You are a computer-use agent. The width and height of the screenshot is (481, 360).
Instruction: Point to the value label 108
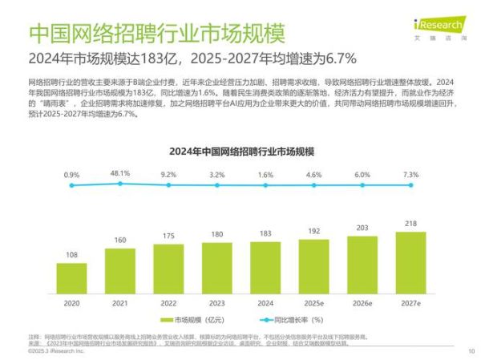pyautogui.click(x=71, y=255)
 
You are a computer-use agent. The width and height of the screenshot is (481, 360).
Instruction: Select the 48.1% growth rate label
pyautogui.click(x=120, y=173)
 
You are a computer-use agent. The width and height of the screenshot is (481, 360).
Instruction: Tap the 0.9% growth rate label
pyautogui.click(x=71, y=175)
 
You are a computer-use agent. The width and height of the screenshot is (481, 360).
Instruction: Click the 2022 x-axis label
pyautogui.click(x=169, y=302)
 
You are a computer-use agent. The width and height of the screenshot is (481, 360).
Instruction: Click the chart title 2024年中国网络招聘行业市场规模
pyautogui.click(x=240, y=150)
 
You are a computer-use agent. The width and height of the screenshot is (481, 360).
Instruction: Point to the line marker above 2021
pyautogui.click(x=120, y=184)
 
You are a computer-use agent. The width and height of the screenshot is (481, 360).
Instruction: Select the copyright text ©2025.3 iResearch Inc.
pyautogui.click(x=54, y=350)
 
